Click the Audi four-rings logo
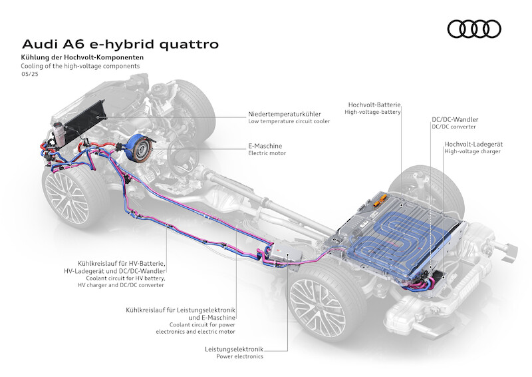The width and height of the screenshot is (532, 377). pos(473,28)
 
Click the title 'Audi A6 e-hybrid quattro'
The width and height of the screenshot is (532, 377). pos(120,44)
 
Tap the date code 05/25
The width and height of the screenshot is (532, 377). pos(29,74)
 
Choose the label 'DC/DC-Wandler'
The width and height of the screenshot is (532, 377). pos(455,119)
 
